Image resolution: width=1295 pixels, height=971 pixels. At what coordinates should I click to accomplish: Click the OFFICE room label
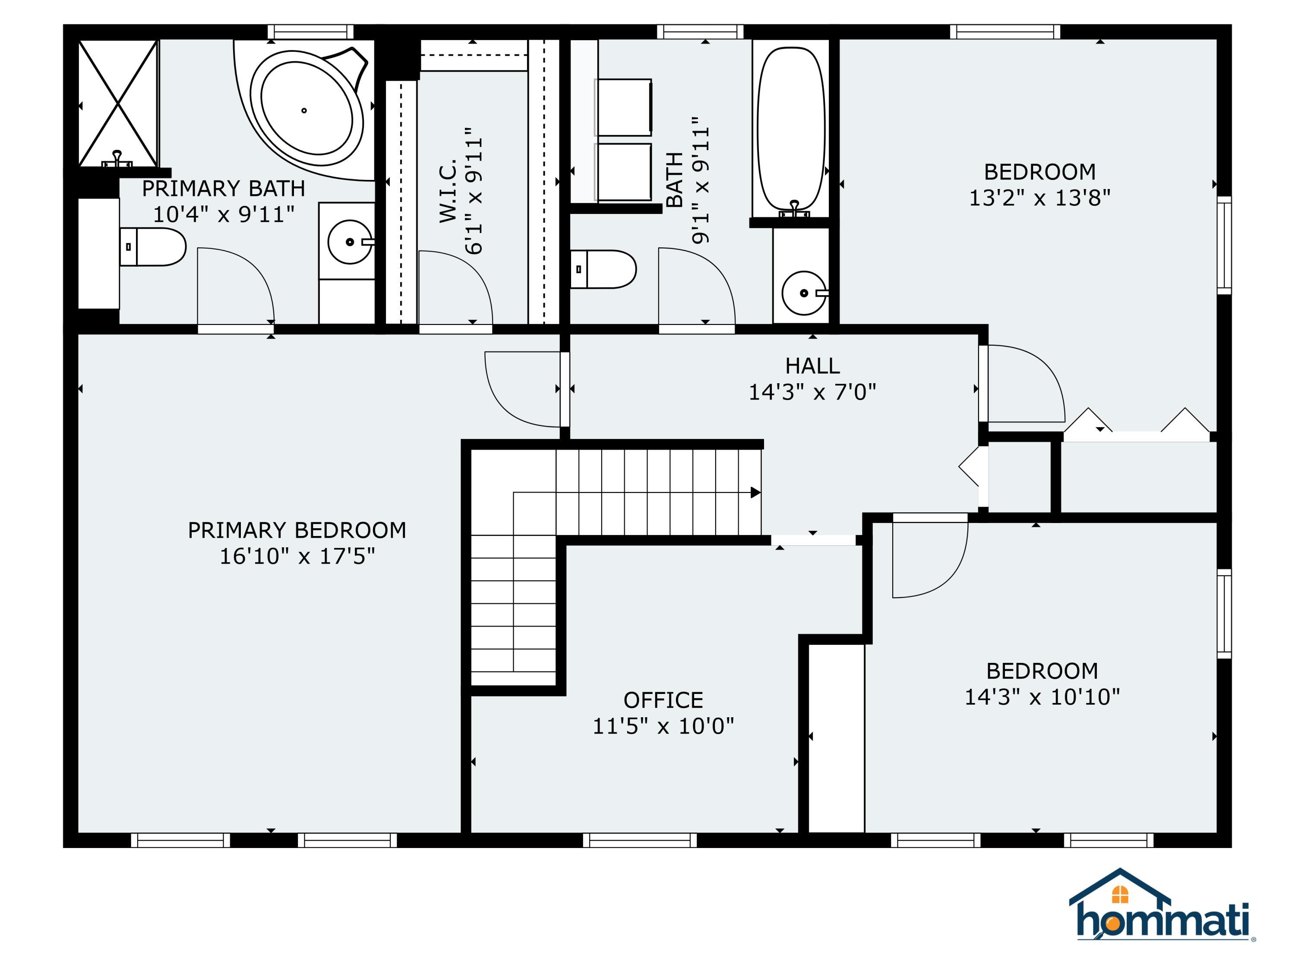point(663,700)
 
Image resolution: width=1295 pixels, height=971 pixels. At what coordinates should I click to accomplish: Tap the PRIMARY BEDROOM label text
point(297,530)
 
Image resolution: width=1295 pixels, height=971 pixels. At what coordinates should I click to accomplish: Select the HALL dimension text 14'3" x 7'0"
point(812,392)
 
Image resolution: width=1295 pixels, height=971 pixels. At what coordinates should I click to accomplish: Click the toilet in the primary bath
point(153,247)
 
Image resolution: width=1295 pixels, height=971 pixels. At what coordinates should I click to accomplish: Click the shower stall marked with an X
point(118,104)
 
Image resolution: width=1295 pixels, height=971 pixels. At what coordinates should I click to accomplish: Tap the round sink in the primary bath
point(350,242)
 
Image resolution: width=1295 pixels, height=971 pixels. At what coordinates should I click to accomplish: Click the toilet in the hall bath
point(603,269)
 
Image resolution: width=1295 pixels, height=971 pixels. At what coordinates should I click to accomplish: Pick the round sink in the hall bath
point(804,293)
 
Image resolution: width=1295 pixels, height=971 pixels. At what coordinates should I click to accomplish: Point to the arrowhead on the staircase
point(756,493)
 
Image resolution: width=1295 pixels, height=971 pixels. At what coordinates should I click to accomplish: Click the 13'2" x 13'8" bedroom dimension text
point(1040,198)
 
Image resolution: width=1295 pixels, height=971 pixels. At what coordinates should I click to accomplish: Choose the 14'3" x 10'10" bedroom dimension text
point(1042,697)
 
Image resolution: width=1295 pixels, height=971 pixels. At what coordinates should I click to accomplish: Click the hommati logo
point(1162,913)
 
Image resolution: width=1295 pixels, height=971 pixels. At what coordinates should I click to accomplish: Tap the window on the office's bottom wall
point(640,841)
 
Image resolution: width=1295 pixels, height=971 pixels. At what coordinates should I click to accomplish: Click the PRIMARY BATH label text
point(224,189)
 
